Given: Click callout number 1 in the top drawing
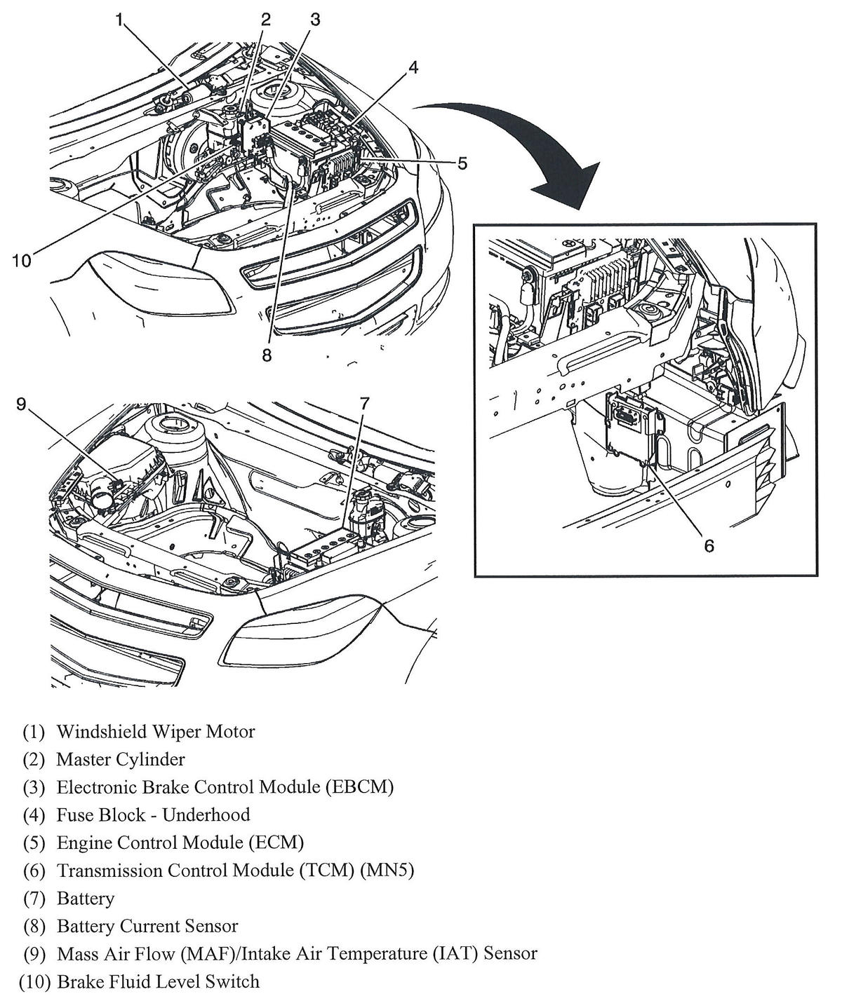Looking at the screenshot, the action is (x=120, y=20).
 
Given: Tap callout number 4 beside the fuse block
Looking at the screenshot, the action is (x=413, y=67).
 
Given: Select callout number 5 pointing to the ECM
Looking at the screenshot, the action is (x=462, y=163).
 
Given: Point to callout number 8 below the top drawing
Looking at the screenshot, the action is (x=267, y=355).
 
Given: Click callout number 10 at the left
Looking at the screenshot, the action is (x=21, y=261).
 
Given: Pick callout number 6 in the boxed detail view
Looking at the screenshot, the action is (x=709, y=545).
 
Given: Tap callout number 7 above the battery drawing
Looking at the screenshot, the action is (x=364, y=404).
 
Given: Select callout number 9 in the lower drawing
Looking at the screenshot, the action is (x=21, y=404).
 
